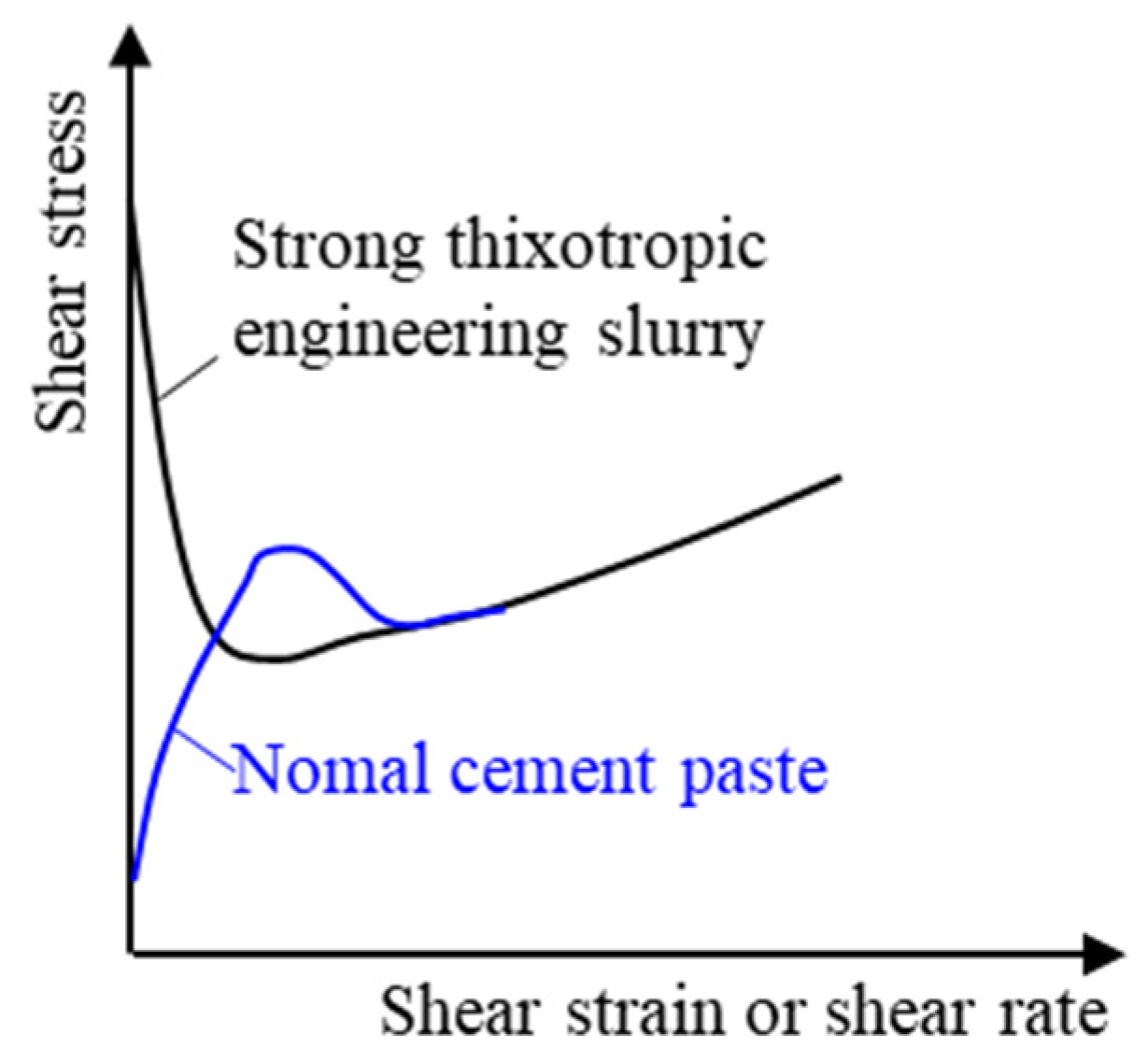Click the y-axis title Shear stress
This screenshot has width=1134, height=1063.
(62, 262)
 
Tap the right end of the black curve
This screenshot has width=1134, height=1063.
(840, 477)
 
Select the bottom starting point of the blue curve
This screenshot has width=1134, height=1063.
(134, 878)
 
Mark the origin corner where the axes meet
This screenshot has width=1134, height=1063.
(131, 954)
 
